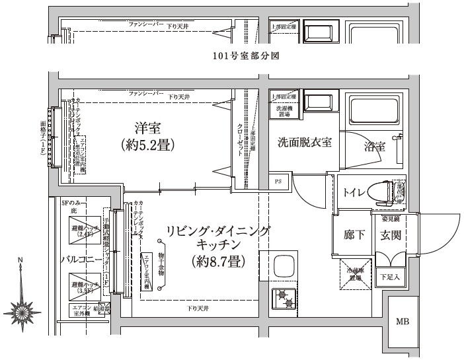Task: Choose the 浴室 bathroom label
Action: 374,147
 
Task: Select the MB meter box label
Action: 402,322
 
